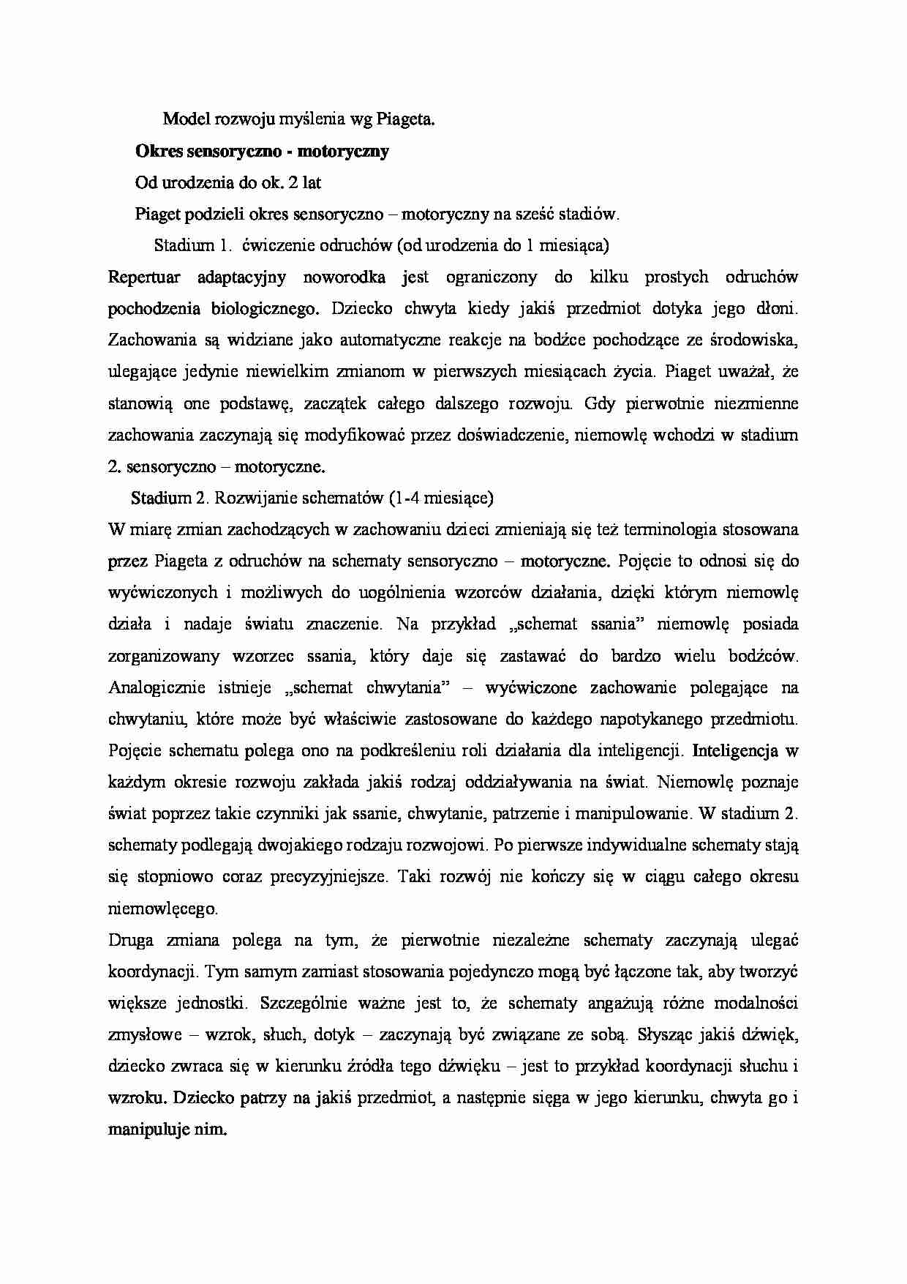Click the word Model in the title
pyautogui.click(x=184, y=119)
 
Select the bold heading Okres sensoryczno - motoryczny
pyautogui.click(x=262, y=152)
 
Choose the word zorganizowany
pyautogui.click(x=164, y=656)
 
